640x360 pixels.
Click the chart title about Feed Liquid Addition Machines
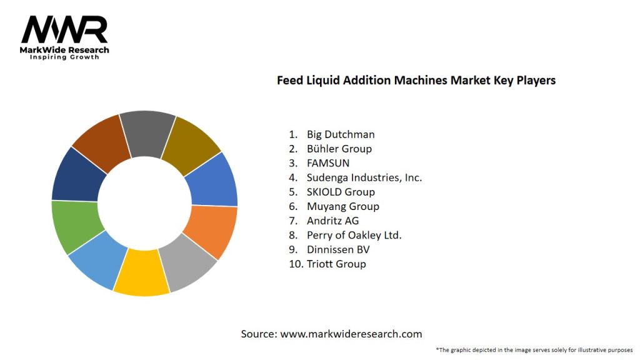tap(416, 81)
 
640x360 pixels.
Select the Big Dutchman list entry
tap(341, 134)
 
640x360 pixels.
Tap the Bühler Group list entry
tap(339, 149)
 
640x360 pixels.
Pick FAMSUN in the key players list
tap(328, 163)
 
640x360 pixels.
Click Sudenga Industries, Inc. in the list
tap(364, 177)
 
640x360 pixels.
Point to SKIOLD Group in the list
tap(341, 192)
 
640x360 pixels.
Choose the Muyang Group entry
tap(342, 206)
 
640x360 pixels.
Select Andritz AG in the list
tap(332, 221)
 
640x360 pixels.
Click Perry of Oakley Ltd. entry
tap(354, 235)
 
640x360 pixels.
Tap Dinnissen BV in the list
tap(338, 249)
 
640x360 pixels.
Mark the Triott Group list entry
tap(336, 264)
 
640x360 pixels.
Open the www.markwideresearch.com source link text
tap(351, 334)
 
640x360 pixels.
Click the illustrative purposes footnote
tap(534, 350)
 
